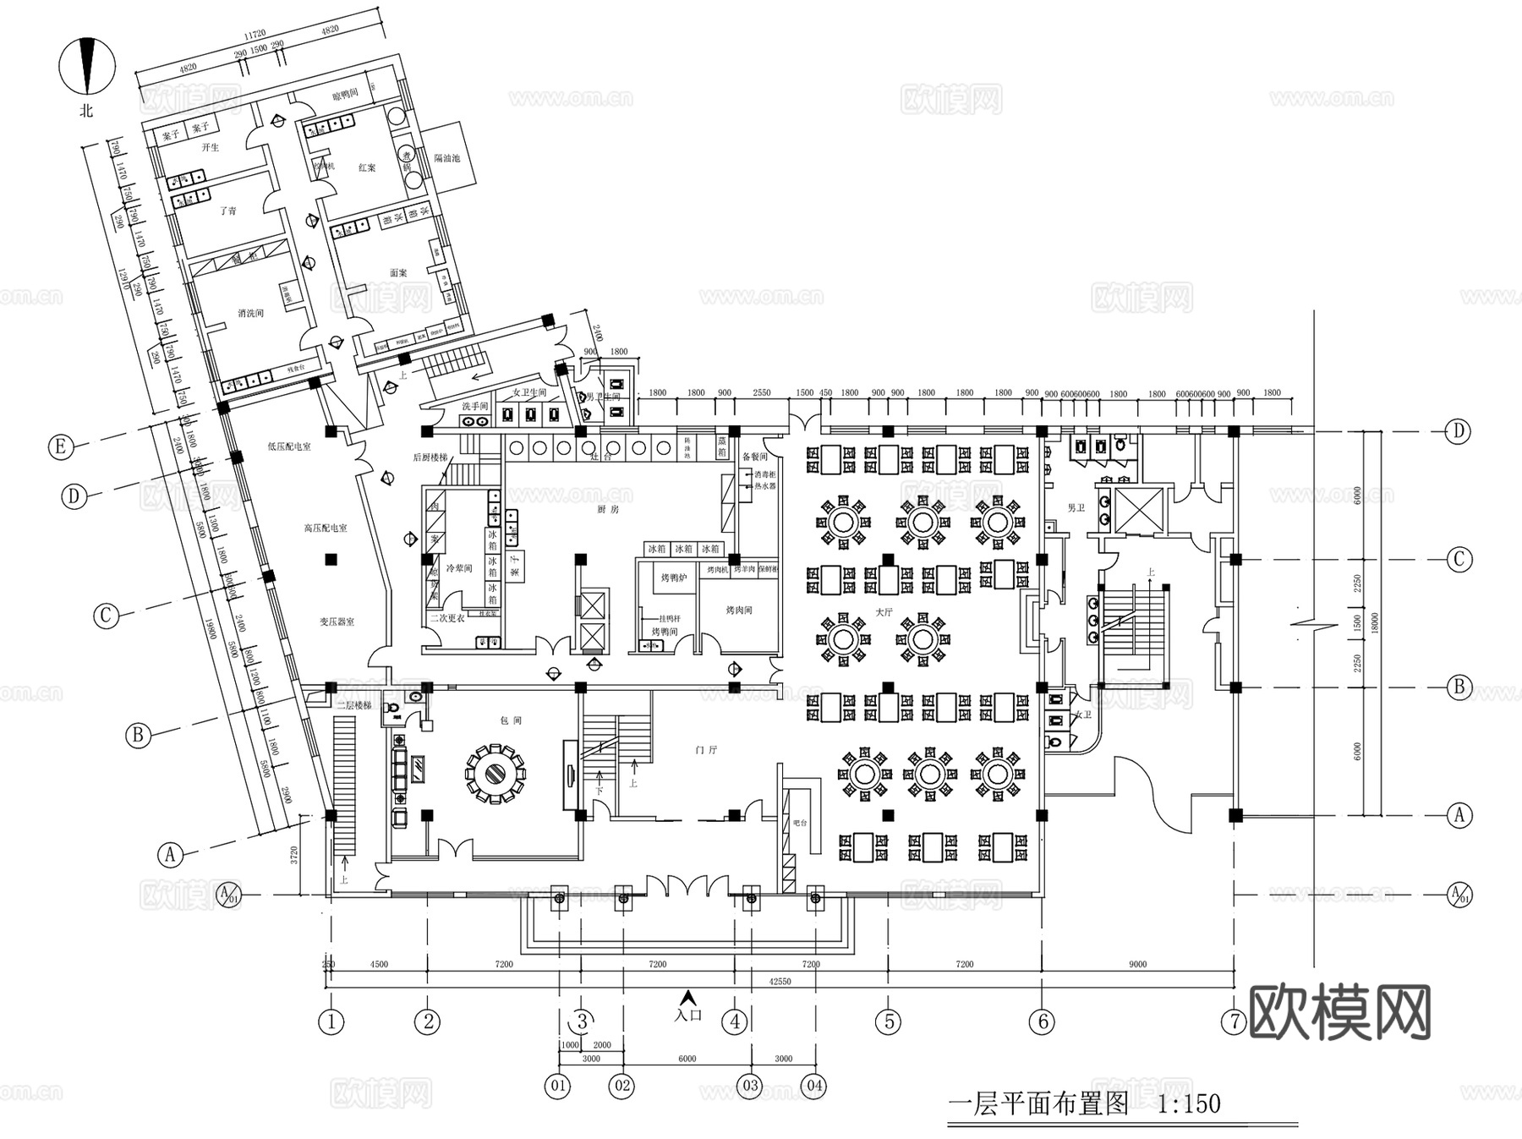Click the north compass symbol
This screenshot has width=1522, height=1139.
[86, 65]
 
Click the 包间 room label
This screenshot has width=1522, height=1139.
[511, 720]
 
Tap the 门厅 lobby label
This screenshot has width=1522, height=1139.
[706, 750]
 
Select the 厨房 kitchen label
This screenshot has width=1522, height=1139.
[608, 510]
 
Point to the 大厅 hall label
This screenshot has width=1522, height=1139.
[884, 611]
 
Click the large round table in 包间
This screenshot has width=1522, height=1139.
[495, 772]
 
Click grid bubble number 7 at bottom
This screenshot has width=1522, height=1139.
[1235, 1021]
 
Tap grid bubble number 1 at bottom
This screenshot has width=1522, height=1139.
[331, 1021]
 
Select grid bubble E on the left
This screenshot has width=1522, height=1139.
[60, 446]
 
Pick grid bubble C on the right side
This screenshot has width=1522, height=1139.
[1459, 559]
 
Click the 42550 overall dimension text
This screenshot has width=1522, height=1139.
[780, 982]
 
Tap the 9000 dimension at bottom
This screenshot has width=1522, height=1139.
[1137, 964]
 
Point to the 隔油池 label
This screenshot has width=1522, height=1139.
[446, 158]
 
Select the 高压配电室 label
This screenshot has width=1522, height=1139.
[326, 528]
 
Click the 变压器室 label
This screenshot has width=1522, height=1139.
[337, 622]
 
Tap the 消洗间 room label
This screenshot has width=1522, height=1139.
[250, 313]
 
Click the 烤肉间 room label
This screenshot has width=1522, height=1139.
[738, 610]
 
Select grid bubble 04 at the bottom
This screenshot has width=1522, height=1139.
[815, 1085]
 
